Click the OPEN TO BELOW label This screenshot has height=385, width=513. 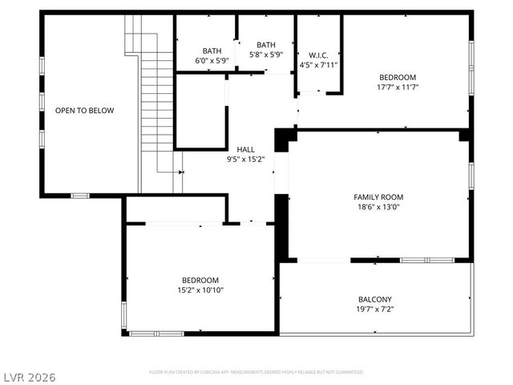pos(84,111)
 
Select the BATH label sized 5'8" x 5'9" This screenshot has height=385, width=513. pos(266,45)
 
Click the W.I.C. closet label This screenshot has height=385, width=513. pos(318,55)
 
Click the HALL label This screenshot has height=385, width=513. pos(245,149)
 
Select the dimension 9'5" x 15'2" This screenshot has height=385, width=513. pos(245,159)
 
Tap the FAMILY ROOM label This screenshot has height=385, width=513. pos(378,197)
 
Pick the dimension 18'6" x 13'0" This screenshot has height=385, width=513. pos(378,206)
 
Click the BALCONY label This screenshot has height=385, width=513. pos(374,299)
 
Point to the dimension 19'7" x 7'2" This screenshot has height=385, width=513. pos(374,309)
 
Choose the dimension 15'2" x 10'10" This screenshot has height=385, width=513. pos(200,290)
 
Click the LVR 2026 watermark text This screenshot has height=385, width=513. pos(30,375)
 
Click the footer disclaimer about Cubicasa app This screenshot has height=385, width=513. pos(256,372)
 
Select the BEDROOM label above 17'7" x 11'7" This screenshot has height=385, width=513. pos(398,77)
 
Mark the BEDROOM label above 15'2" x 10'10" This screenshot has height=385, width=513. pos(200,280)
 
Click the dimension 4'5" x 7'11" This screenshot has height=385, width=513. pos(318,65)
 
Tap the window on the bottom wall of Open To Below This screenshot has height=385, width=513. pos(80,195)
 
